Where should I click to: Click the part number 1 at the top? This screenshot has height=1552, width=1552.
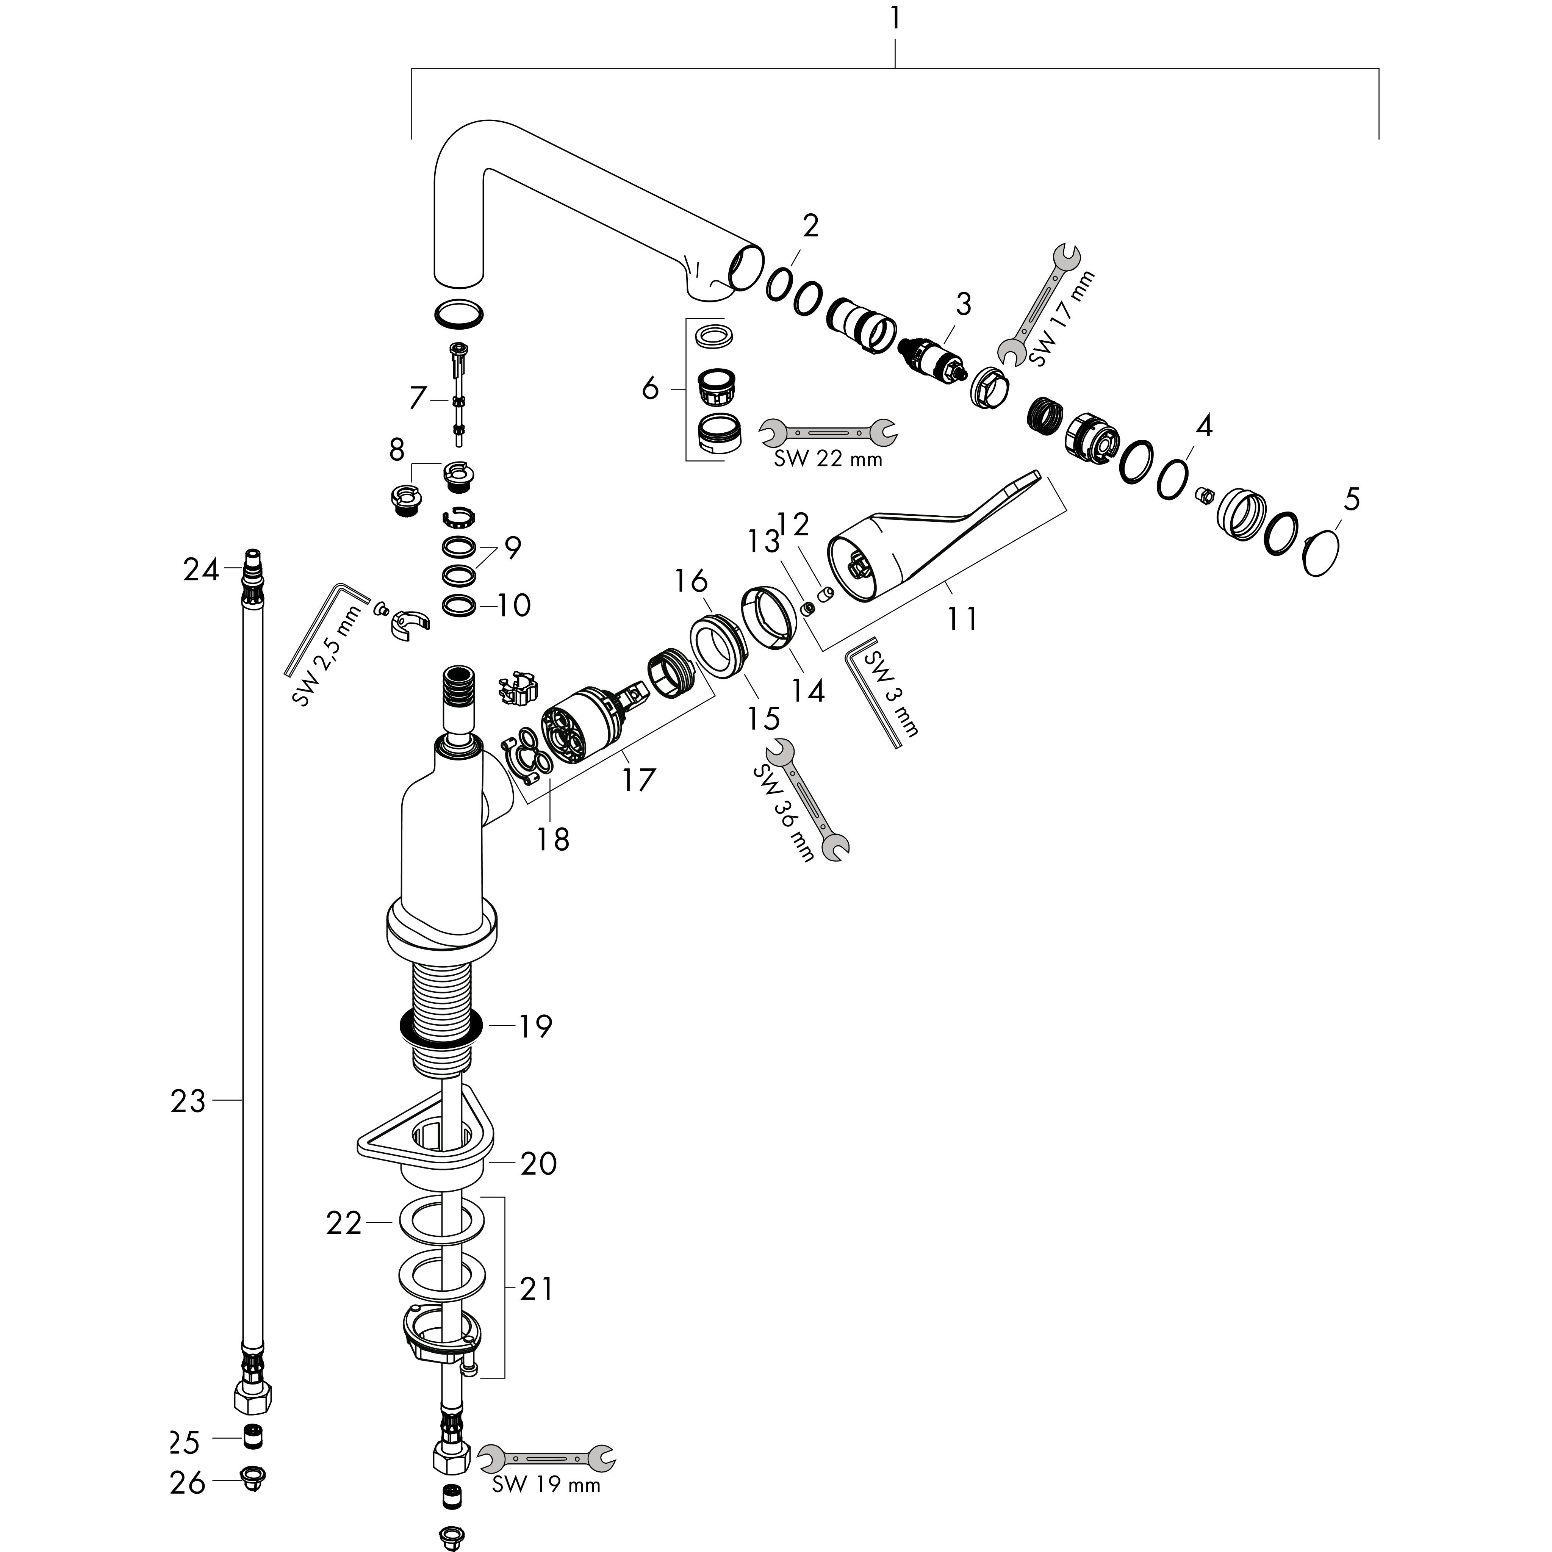(x=895, y=18)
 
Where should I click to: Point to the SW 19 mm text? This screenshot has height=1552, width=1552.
(x=546, y=1485)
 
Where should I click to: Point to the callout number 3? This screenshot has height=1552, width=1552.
(x=963, y=305)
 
